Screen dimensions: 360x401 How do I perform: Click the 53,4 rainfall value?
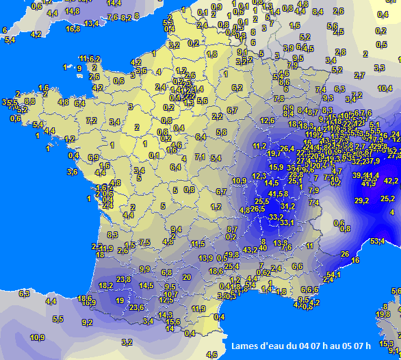point(377,241)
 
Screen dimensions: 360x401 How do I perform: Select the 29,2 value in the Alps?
point(362,201)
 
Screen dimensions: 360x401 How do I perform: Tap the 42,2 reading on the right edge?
point(390,181)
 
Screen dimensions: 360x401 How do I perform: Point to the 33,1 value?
point(287,222)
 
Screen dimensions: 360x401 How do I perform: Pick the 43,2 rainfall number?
point(250,250)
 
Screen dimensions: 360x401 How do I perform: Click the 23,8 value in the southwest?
point(123,279)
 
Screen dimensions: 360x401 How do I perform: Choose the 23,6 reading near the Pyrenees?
point(137,307)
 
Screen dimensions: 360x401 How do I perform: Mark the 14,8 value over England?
point(72,11)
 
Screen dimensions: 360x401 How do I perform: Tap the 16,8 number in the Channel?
point(73,29)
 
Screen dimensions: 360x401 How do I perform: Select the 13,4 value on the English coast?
point(91,23)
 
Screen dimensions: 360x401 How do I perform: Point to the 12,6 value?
point(267,120)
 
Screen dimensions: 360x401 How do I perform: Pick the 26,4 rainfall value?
point(287,149)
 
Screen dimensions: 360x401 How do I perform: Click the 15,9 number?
point(276,167)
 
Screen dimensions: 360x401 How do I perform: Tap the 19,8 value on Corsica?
point(383,314)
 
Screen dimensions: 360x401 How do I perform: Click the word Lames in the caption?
point(244,345)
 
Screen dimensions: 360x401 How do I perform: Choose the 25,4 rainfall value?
point(231,266)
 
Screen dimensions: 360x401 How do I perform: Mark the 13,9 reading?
point(205,258)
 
